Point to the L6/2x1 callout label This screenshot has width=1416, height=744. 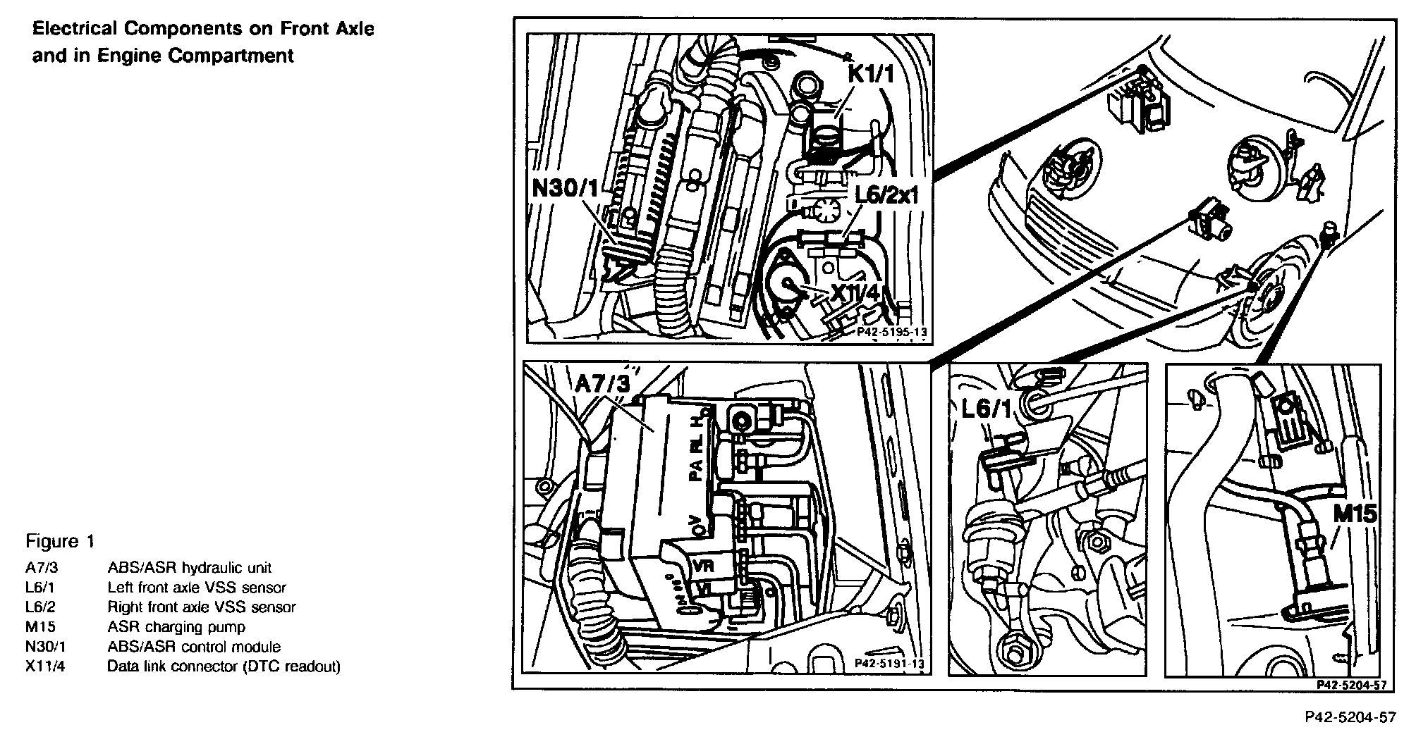886,195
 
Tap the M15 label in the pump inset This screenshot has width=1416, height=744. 1355,514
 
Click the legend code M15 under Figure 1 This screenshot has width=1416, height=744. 40,627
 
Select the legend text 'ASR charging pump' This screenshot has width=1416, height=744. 176,627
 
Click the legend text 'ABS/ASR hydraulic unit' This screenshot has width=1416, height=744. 189,568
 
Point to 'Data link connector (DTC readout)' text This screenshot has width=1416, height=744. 224,666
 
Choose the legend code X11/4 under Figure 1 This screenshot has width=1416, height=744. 45,666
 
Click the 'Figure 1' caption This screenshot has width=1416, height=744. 60,541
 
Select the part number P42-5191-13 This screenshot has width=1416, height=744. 888,663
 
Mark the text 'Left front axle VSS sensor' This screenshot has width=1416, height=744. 197,588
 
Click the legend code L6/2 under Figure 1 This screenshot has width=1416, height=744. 41,607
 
